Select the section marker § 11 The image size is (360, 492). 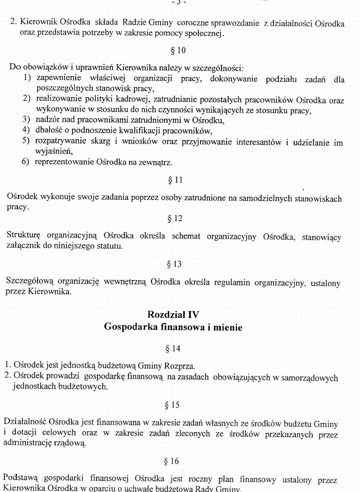tap(175, 180)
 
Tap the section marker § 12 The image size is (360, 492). tap(175, 219)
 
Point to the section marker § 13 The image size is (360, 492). tap(174, 264)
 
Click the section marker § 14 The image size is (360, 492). tap(173, 349)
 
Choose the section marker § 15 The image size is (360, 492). tap(172, 405)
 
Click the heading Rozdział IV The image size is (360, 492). tap(173, 315)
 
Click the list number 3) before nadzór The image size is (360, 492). tap(26, 120)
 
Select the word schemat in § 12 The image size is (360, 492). tap(186, 236)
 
